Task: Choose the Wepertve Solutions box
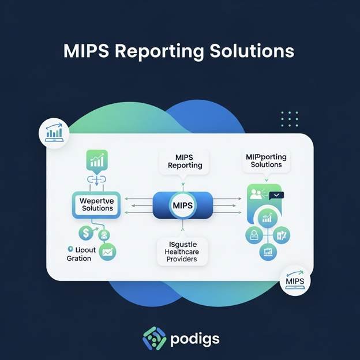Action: (97, 204)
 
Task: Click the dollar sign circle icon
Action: (86, 233)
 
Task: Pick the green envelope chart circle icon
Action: (107, 251)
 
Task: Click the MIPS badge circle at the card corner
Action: (294, 282)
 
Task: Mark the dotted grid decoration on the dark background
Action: (289, 118)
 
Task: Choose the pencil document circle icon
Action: (282, 234)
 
